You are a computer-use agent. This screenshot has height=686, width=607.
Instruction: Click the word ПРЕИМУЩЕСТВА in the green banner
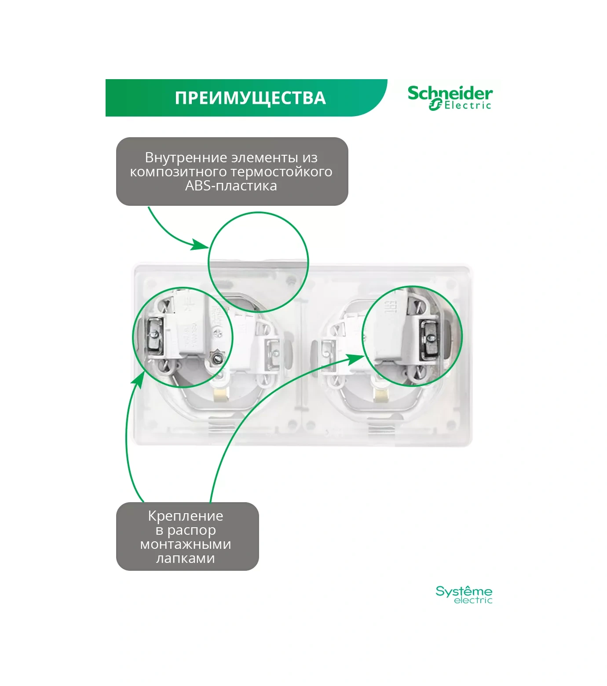pyautogui.click(x=250, y=98)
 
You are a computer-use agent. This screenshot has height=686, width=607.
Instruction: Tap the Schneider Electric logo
pyautogui.click(x=450, y=98)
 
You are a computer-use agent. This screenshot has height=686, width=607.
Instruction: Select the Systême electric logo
pyautogui.click(x=464, y=595)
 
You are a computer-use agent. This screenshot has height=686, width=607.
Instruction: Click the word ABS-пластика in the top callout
pyautogui.click(x=231, y=186)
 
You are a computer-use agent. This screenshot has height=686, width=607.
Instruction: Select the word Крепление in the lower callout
pyautogui.click(x=186, y=515)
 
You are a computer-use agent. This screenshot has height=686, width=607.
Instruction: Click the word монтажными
pyautogui.click(x=186, y=544)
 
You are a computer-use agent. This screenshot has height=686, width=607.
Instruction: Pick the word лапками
pyautogui.click(x=186, y=558)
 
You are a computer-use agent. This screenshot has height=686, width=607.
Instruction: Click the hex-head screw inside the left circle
pyautogui.click(x=216, y=359)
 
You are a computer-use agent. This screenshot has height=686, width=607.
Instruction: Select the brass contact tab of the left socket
pyautogui.click(x=219, y=395)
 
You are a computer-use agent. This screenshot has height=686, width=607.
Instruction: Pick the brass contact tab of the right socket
pyautogui.click(x=380, y=395)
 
